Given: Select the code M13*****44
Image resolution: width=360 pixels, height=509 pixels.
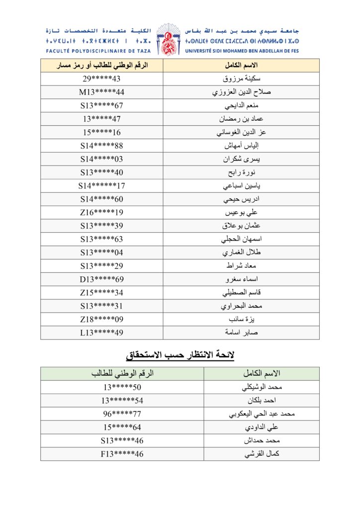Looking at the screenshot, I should [x=101, y=92].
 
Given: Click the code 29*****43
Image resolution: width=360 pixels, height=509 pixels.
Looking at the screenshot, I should [x=101, y=79].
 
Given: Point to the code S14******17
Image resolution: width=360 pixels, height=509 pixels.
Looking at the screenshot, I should [x=101, y=186].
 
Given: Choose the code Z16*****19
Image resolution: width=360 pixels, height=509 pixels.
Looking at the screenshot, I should [x=101, y=213].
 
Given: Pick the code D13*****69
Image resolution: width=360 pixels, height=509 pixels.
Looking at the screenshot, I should [x=101, y=279].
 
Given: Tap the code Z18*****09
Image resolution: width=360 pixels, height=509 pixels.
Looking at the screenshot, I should [x=101, y=319].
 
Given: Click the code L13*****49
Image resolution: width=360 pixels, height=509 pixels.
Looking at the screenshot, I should [x=101, y=333].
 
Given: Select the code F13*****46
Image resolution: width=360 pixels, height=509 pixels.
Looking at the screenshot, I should [x=122, y=454].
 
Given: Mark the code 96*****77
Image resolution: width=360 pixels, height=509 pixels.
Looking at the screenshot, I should [x=122, y=414].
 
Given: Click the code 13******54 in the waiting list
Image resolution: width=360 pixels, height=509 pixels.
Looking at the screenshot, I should [x=122, y=401].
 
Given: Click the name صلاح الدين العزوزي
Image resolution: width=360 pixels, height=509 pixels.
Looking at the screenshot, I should [x=241, y=92].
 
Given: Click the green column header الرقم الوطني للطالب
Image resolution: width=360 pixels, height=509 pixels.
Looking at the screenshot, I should [x=122, y=373].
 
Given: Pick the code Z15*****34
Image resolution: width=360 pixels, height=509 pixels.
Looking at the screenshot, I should [x=101, y=293].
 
